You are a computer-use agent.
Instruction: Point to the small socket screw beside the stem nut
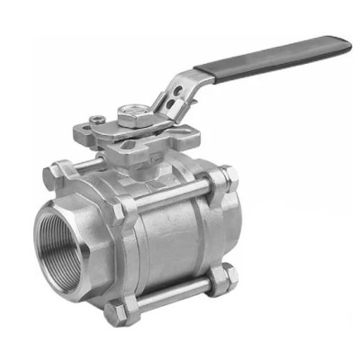(95, 117)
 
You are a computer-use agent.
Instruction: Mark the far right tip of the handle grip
(348, 42)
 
